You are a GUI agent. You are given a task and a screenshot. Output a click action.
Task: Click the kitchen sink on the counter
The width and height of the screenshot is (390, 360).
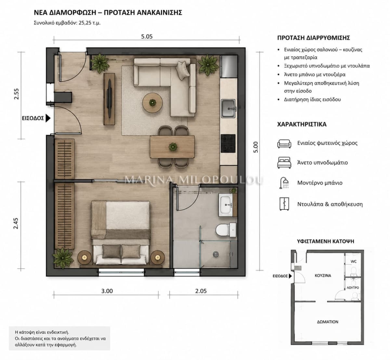point(228,109)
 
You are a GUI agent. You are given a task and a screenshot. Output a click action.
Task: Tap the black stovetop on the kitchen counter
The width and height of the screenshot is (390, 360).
point(228,143)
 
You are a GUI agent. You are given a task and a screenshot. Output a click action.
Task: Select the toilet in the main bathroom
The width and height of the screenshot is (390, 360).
point(226,230)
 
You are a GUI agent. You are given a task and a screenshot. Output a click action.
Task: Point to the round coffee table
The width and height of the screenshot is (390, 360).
point(152,102)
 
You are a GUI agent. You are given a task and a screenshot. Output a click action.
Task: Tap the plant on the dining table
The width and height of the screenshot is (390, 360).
point(173,147)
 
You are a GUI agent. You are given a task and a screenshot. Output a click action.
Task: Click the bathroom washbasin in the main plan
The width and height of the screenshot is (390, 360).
point(226,205)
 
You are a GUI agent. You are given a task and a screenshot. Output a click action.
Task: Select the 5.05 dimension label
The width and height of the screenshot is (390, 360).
point(147,36)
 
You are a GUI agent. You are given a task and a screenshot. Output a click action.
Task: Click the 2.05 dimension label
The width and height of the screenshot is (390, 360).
point(201,291)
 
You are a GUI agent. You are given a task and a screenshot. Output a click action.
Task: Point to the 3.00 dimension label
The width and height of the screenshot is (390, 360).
point(107,291)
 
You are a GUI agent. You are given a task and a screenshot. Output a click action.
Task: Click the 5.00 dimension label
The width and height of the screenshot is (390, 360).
point(255,147)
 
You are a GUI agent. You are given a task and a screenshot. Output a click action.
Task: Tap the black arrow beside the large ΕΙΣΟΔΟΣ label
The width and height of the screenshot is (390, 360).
point(48,118)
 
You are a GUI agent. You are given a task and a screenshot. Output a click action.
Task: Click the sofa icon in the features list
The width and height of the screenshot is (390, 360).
point(284,144)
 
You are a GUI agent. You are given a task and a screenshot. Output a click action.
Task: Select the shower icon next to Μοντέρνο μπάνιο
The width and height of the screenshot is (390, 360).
point(284,183)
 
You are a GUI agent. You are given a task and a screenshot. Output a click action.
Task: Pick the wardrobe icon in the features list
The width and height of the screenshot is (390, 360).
point(284,204)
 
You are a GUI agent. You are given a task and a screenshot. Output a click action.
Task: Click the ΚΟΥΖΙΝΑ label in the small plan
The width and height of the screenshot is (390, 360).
point(323,275)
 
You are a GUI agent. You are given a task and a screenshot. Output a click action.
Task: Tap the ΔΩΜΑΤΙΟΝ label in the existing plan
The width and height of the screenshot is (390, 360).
point(328,322)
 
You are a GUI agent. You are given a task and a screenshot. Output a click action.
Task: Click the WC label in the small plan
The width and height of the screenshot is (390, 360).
point(354,261)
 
